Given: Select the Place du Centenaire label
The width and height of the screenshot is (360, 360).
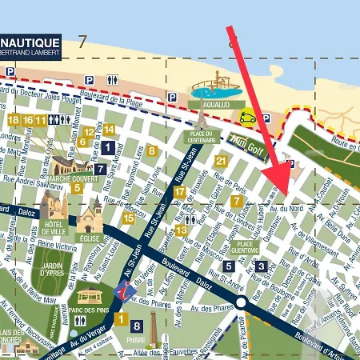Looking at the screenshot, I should tap(202, 137).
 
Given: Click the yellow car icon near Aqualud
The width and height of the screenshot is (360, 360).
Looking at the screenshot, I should tap(249, 117).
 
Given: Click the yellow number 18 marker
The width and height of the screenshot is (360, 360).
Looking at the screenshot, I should tap(12, 120).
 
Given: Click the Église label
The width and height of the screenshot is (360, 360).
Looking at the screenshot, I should tap(88, 238).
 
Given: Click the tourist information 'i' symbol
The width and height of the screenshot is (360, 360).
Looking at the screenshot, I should tap(124, 292).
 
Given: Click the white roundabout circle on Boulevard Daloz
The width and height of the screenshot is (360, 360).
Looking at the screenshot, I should tap(241, 302).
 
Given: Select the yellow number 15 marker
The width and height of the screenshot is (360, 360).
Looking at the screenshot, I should tap(128, 218).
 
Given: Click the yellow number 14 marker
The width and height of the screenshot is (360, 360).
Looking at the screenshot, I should tap(109, 130).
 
